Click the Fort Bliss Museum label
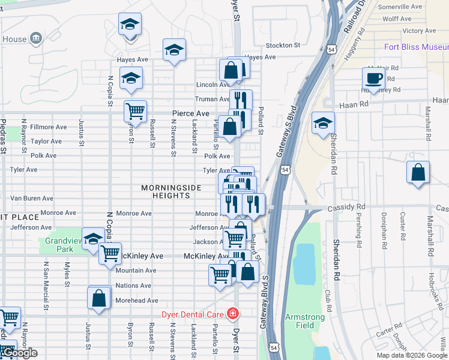(x=416, y=47)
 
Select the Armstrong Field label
(x=304, y=321)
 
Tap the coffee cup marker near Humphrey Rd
(x=373, y=78)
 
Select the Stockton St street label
(x=283, y=45)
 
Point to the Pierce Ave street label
(x=190, y=113)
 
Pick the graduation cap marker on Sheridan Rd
(x=323, y=122)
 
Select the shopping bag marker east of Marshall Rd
(x=418, y=172)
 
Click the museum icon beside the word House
(x=35, y=39)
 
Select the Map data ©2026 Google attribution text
(x=411, y=355)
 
